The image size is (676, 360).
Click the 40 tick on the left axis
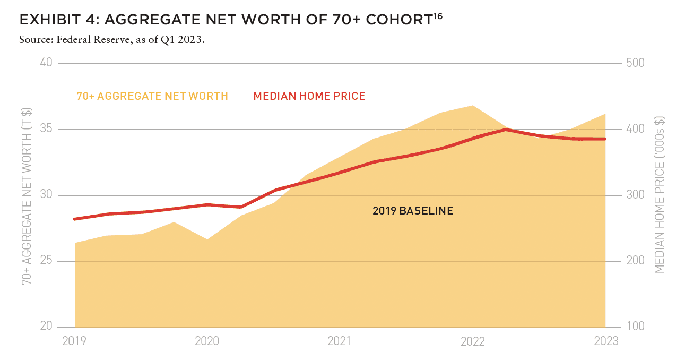tap(46, 63)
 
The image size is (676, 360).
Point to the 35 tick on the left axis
tap(46, 128)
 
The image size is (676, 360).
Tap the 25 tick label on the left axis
tap(46, 260)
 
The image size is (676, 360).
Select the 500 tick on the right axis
tap(635, 63)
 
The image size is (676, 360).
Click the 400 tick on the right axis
tap(635, 128)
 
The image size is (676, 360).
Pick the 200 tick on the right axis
tap(635, 260)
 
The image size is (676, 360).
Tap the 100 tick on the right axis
tap(635, 326)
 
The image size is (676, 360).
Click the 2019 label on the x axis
tap(74, 341)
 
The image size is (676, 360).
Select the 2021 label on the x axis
tap(339, 341)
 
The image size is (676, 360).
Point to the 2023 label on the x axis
tap(606, 341)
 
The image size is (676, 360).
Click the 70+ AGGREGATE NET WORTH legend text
tap(152, 96)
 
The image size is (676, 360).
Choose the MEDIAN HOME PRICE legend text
tap(309, 96)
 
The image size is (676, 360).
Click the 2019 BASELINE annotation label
tap(413, 210)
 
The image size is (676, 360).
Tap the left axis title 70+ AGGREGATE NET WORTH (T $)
tap(27, 196)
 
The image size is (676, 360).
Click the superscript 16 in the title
tap(438, 16)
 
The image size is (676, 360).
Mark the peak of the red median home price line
tap(506, 130)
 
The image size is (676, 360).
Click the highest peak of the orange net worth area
tap(473, 106)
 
